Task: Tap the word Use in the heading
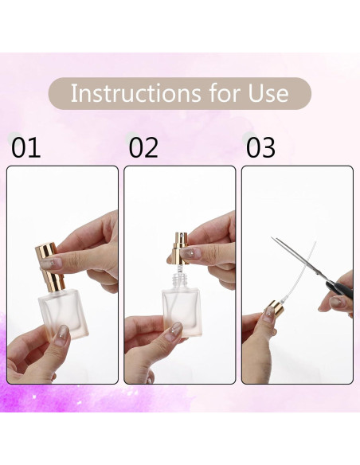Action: click(264, 93)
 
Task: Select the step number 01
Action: click(25, 148)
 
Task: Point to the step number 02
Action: click(143, 148)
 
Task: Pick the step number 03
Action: click(260, 148)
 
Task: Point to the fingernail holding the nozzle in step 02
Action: click(191, 253)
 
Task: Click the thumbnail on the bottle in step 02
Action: click(174, 329)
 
